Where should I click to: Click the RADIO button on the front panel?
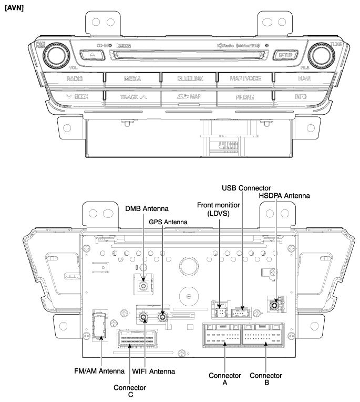point(75,79)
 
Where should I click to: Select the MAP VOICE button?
point(245,79)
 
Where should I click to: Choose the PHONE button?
point(245,97)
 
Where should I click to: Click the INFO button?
point(301,97)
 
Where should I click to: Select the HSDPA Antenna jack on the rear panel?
point(274,305)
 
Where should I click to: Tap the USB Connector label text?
point(246,187)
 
